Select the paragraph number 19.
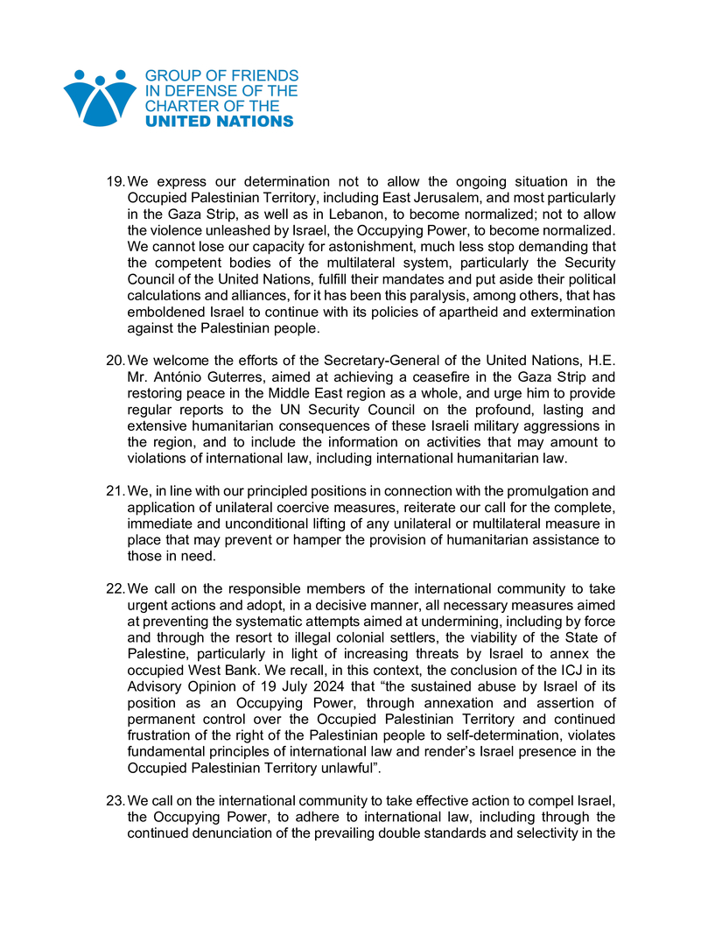click(116, 182)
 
